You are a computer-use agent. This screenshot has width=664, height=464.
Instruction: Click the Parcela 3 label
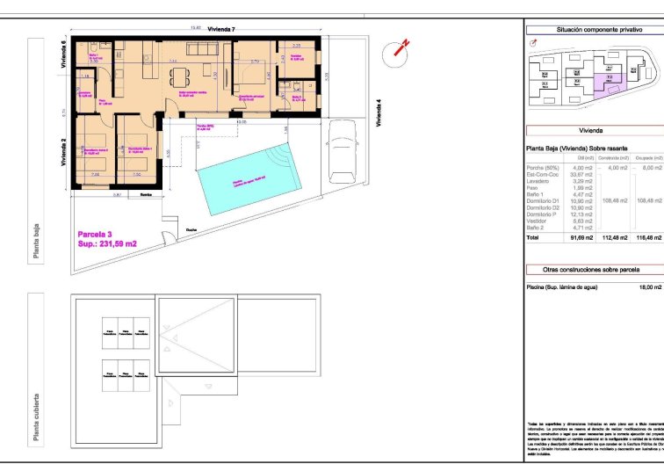(x=96, y=234)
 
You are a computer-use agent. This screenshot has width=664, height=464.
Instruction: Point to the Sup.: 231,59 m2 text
(x=107, y=243)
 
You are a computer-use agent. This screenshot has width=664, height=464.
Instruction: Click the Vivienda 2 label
(x=64, y=153)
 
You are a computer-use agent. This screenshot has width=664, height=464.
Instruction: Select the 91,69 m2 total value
(x=582, y=237)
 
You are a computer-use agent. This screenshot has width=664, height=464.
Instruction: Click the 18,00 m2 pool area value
(x=650, y=286)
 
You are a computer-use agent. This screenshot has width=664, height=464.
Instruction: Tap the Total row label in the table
(x=533, y=237)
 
